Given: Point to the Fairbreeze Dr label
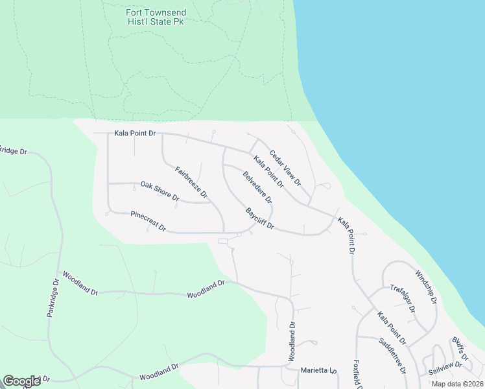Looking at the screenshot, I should (191, 182).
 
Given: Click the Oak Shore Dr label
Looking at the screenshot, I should (160, 191).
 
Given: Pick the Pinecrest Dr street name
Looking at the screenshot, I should (148, 221).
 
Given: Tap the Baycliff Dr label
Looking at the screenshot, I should (261, 219).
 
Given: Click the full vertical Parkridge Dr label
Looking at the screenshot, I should (53, 298).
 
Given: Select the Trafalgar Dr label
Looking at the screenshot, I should (403, 298).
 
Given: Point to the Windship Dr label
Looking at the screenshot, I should (427, 287).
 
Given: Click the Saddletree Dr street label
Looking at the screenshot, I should (392, 357).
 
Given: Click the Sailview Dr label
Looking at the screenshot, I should (445, 369).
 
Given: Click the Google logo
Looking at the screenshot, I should (21, 381).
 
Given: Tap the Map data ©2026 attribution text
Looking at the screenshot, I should (457, 384).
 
